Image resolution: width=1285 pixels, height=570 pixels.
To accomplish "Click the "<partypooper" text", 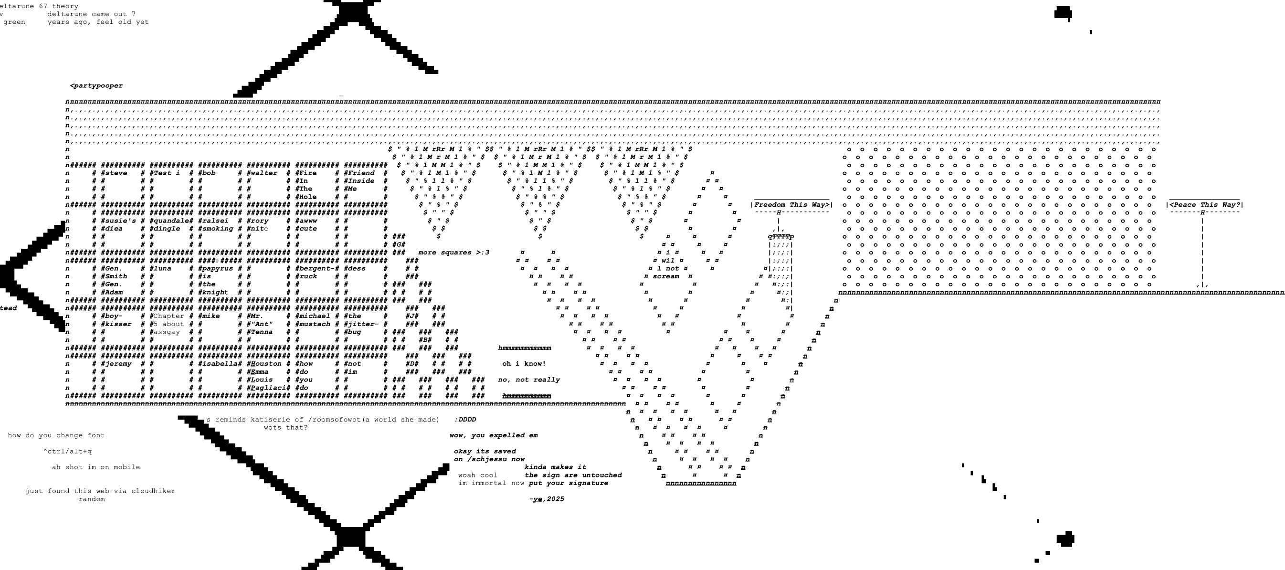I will click(x=97, y=86).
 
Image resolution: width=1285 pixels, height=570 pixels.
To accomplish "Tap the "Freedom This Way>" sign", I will click(x=791, y=204).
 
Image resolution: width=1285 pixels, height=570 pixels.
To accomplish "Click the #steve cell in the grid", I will click(x=114, y=173).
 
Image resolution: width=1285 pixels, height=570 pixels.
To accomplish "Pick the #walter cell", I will click(x=262, y=173).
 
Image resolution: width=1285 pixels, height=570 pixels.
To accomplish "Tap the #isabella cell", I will click(x=218, y=364).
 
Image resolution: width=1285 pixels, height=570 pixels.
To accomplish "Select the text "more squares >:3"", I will click(x=453, y=253).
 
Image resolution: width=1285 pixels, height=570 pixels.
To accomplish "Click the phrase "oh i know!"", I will click(x=524, y=364).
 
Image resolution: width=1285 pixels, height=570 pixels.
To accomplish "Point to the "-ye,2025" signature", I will click(x=547, y=499).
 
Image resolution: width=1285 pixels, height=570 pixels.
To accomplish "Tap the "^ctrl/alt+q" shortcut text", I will click(x=67, y=451).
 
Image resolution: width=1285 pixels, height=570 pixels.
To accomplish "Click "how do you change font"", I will click(x=56, y=435).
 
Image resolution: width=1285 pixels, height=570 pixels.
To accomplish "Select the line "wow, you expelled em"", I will click(x=494, y=435).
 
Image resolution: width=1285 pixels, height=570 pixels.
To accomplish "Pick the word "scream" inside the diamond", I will click(x=665, y=276).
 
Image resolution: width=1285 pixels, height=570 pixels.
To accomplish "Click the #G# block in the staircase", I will click(x=399, y=244).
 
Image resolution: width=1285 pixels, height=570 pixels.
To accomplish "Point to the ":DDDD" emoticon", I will click(x=465, y=420).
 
